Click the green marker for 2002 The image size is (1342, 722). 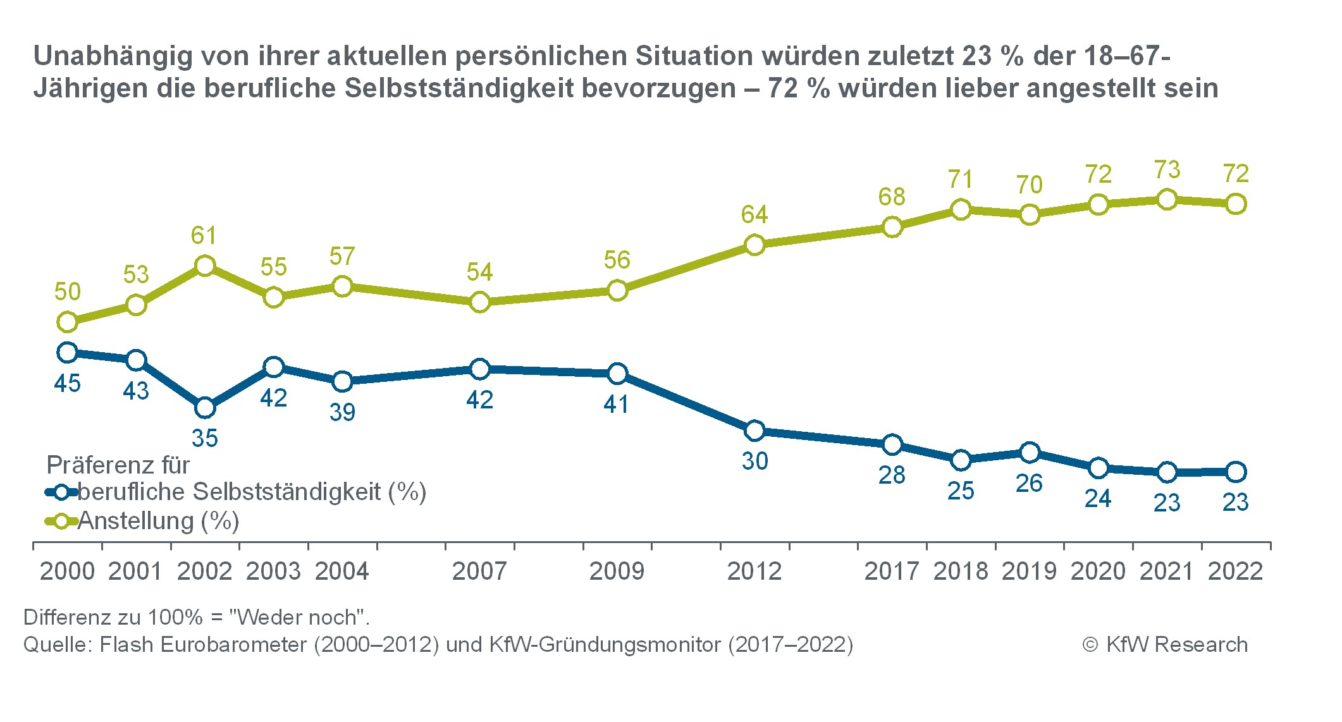coord(205,266)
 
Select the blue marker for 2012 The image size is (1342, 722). coord(754,431)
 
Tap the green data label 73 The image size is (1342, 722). coord(1167,169)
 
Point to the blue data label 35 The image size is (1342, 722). coord(205,438)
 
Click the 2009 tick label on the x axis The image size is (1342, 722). coord(617,572)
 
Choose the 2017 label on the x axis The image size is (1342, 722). coord(892,572)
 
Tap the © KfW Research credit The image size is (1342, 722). coord(1165,644)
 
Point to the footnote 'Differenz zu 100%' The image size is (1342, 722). coord(196,616)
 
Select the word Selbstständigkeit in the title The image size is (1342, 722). coord(459,89)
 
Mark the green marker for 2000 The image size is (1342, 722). coord(67,322)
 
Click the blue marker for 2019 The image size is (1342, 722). coord(1030,453)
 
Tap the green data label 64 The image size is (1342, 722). coord(754,215)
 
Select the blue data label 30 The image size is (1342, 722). coord(754,461)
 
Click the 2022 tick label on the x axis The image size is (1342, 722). coord(1235,572)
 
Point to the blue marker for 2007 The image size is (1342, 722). coord(480,369)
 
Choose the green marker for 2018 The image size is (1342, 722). coord(961,209)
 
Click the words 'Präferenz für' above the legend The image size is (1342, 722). coord(118,465)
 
